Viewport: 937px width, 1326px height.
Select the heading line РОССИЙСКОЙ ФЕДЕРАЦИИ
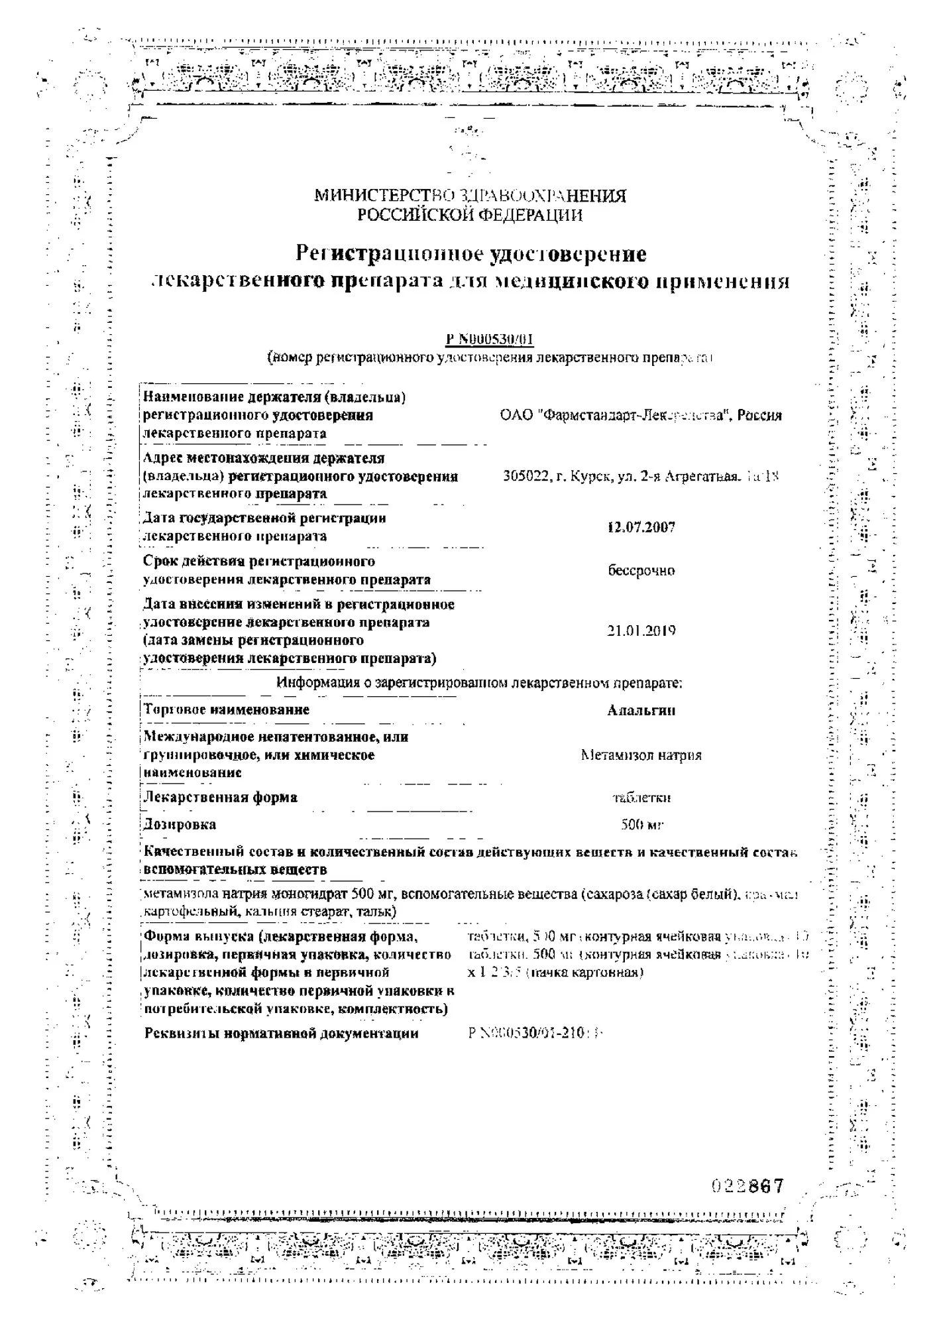(x=470, y=214)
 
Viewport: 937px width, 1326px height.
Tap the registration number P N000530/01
(x=490, y=339)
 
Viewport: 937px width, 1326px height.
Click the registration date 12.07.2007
(x=641, y=528)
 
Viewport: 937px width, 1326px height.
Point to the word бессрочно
(x=641, y=570)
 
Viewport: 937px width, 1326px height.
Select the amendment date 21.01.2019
(x=641, y=631)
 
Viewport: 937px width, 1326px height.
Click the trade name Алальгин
(x=641, y=710)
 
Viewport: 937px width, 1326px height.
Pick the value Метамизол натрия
(x=641, y=754)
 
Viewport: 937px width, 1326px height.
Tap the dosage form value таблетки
(x=641, y=798)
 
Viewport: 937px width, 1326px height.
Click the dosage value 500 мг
(x=641, y=825)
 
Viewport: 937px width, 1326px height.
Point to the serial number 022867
(x=748, y=1185)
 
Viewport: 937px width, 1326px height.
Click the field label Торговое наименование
(x=227, y=709)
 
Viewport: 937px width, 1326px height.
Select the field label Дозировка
(x=180, y=825)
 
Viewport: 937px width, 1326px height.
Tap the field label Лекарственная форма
(x=221, y=798)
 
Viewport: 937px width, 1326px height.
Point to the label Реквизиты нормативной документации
(x=282, y=1033)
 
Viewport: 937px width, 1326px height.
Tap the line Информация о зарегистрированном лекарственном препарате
(x=479, y=683)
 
